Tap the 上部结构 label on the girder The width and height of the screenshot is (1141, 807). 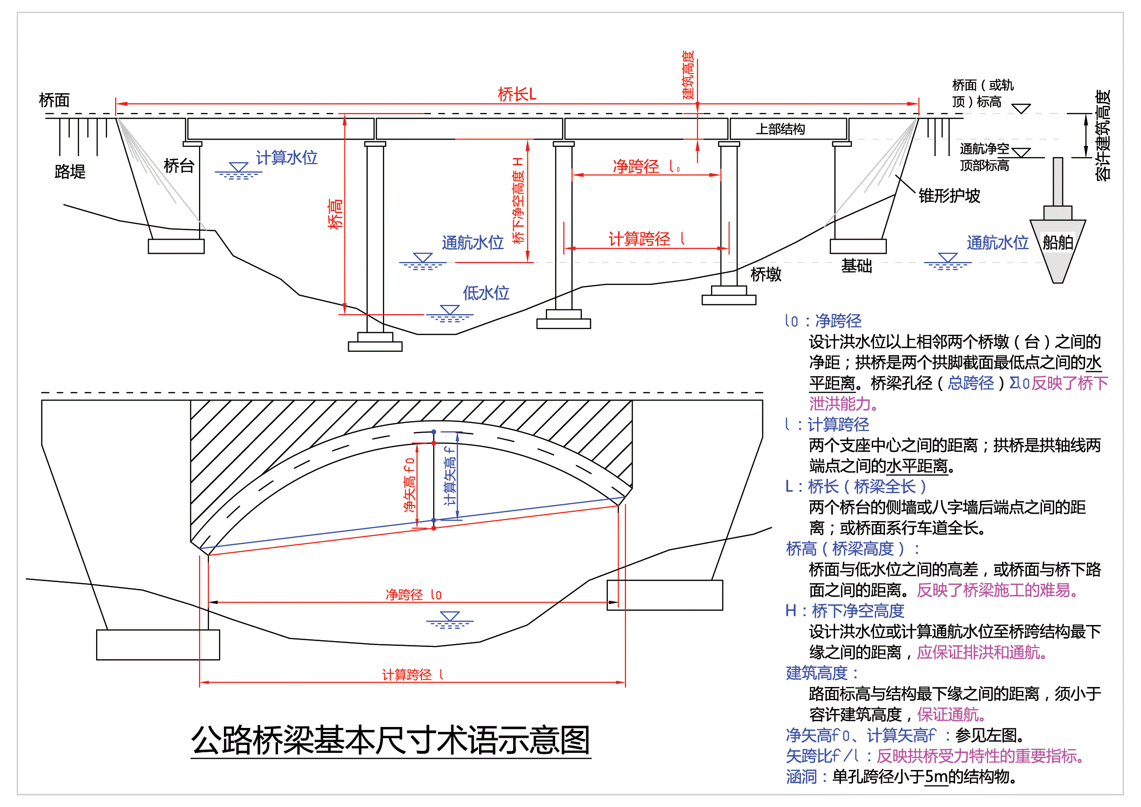(780, 129)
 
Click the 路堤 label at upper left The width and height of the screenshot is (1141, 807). (70, 171)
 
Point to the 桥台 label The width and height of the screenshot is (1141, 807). (179, 165)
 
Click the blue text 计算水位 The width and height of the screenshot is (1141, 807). (286, 158)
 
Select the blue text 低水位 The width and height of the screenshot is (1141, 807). (485, 293)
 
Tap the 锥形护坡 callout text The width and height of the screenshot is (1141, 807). (949, 195)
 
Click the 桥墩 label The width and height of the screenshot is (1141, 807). (765, 274)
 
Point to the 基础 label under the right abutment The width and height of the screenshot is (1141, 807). (856, 266)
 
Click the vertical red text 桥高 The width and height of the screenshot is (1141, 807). (336, 214)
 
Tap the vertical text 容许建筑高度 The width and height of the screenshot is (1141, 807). (1103, 135)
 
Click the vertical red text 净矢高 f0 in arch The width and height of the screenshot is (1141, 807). (409, 485)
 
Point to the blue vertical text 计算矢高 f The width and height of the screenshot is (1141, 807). (450, 476)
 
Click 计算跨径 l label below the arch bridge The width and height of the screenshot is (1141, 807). (412, 674)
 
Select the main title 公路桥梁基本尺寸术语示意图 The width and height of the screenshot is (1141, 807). (391, 740)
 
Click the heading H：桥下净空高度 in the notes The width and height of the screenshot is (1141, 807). (844, 611)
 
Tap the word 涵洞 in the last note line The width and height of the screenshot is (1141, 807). (801, 776)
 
